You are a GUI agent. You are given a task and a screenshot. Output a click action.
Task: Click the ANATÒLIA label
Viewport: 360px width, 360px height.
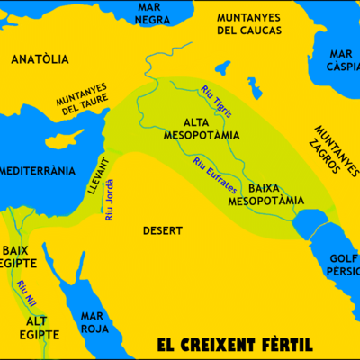click(39, 60)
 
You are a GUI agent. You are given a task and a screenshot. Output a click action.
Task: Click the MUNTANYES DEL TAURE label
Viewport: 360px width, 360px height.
click(81, 100)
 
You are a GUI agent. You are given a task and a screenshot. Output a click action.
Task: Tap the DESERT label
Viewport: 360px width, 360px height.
click(163, 230)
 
